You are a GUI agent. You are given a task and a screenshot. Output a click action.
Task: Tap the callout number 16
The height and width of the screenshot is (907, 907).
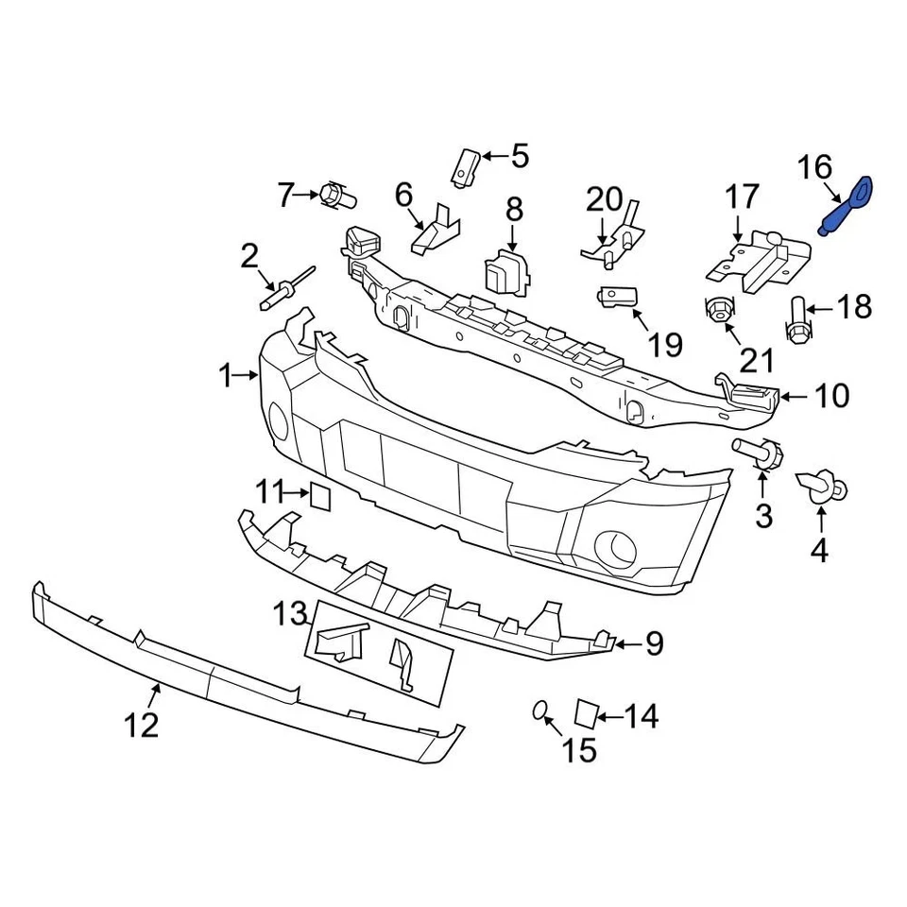point(814,168)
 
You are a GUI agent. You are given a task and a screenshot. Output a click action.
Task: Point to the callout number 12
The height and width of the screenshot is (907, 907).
point(140,725)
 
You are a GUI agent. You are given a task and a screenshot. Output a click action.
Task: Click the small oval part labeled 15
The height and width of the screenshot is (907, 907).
point(541,711)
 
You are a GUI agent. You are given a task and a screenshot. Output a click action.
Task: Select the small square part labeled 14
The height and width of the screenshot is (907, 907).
point(587,713)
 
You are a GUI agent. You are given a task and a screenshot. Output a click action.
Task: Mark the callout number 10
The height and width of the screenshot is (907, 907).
point(831,397)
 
